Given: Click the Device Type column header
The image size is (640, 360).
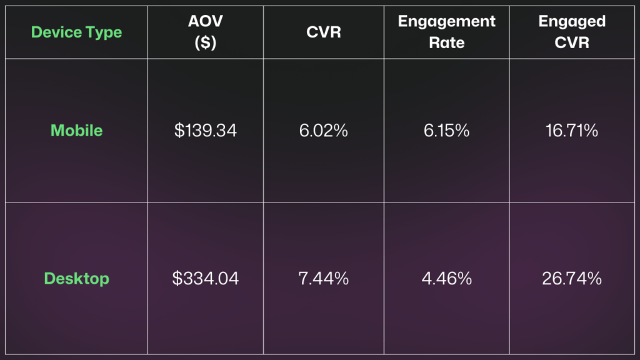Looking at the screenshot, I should [x=76, y=32].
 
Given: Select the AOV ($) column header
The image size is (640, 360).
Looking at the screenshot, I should [x=205, y=32].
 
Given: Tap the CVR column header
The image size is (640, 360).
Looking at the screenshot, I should [x=324, y=32].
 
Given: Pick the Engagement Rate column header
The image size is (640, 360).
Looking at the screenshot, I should [x=447, y=32].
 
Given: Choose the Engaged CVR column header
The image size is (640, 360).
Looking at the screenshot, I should [x=571, y=32].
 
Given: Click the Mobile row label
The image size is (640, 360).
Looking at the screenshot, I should [x=76, y=131].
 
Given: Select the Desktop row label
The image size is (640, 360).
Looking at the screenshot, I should [x=76, y=278].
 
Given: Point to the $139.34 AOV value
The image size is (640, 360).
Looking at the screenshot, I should [x=205, y=131].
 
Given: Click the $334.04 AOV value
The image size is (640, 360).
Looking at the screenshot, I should [x=205, y=279].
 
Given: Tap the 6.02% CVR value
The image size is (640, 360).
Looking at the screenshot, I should [x=324, y=131].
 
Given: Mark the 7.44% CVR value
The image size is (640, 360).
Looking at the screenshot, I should [x=324, y=279].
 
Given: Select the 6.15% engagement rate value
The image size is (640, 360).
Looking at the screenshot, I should [x=447, y=131].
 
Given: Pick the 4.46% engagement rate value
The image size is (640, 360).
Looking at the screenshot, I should [x=447, y=279].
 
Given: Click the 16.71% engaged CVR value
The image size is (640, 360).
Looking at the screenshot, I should [x=571, y=131].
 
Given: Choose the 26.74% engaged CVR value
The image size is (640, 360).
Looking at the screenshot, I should [x=571, y=279].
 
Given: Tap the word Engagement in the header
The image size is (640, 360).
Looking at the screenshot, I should [x=447, y=22].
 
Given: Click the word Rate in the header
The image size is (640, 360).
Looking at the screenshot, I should [x=447, y=43].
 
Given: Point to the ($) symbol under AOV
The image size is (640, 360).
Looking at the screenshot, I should [x=205, y=43].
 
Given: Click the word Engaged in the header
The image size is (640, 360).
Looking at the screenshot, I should [x=571, y=22].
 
